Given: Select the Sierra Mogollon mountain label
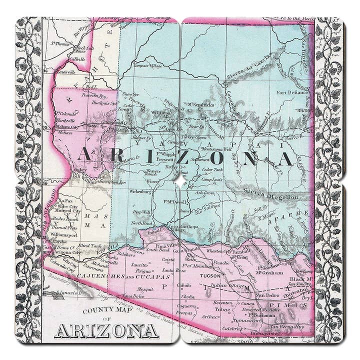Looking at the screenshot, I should tap(270, 197).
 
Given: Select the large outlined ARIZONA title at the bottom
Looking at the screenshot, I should tap(106, 330).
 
